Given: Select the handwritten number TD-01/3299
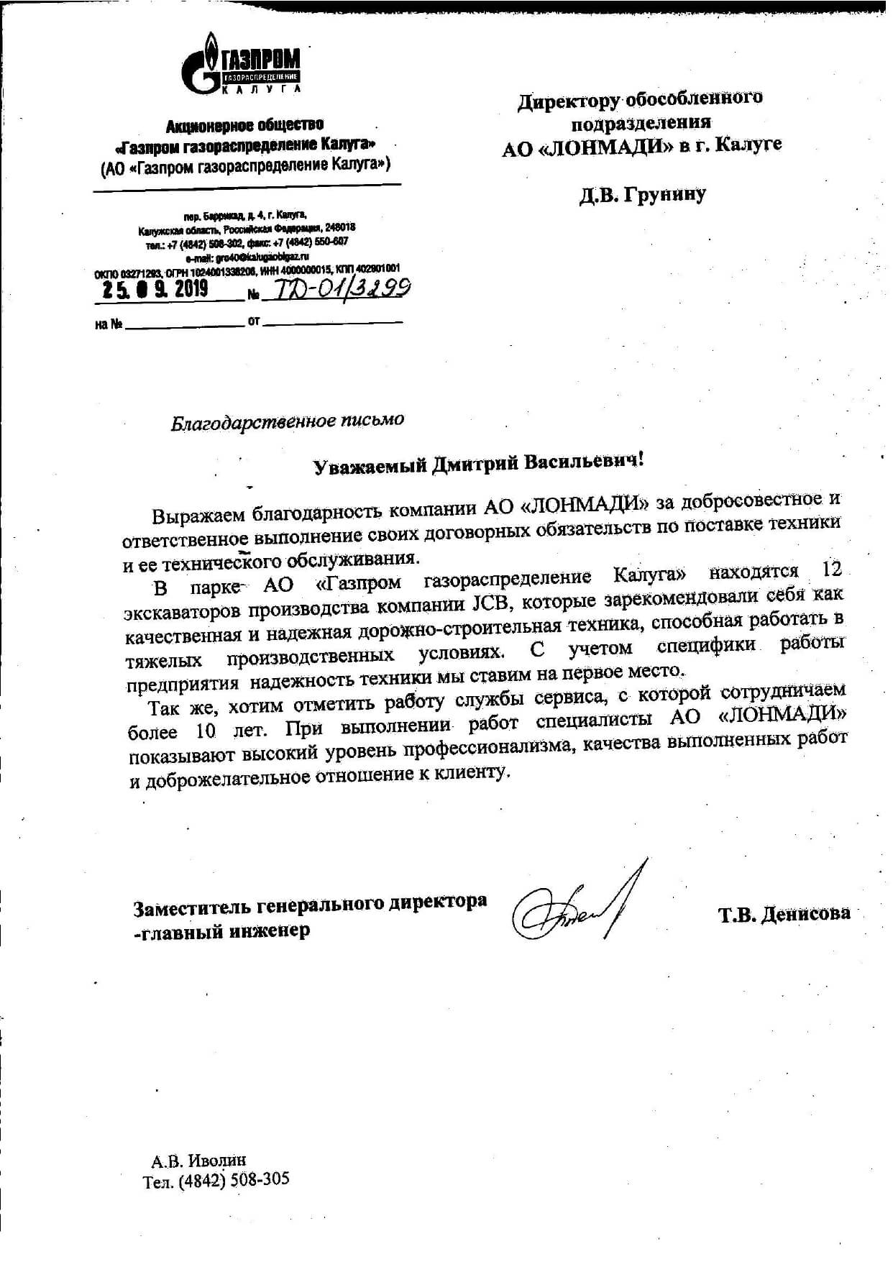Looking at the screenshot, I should (x=337, y=289).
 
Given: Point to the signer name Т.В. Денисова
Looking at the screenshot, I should (x=784, y=914).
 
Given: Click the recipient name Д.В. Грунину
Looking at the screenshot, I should (x=643, y=194).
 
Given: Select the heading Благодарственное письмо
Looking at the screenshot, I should (x=287, y=421).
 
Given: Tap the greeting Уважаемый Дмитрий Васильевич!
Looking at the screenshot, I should (x=478, y=463).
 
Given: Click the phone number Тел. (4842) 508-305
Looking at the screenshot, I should (x=216, y=1181).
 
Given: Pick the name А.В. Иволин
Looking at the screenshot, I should (x=198, y=1160).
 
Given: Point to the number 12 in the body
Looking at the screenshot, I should (x=830, y=570).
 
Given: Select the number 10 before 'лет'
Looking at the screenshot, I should (x=205, y=731).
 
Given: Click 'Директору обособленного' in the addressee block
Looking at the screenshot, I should (x=640, y=99).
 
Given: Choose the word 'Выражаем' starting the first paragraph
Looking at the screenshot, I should (x=193, y=514).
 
